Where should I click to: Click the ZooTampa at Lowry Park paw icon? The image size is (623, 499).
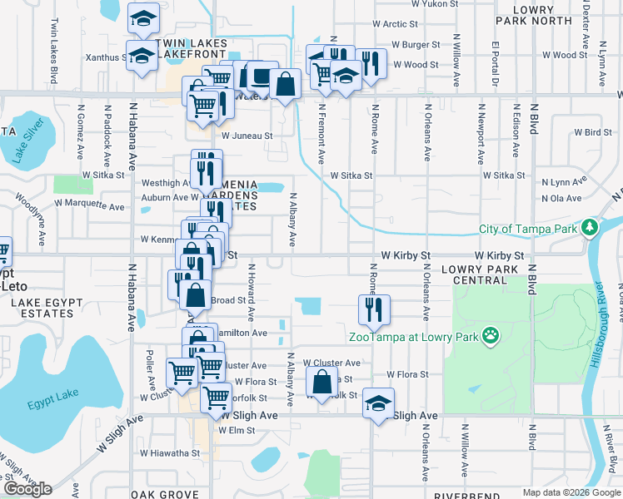tap(492, 336)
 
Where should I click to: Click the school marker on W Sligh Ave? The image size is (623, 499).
tap(378, 403)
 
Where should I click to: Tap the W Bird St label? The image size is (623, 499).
tap(592, 132)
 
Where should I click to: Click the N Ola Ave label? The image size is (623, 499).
tap(561, 199)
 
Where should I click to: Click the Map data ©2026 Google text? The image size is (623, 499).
tap(571, 493)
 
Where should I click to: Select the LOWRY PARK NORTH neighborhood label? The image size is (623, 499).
tap(545, 13)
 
